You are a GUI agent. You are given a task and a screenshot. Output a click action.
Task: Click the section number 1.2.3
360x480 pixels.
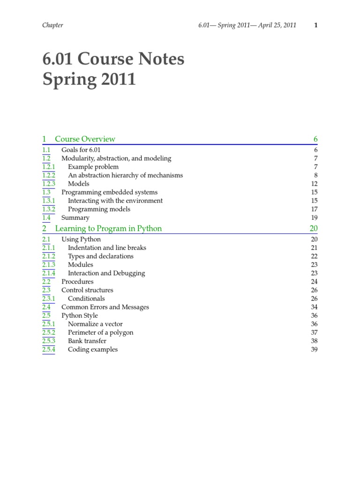(x=48, y=184)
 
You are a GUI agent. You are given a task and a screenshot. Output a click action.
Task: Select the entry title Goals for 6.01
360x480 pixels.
(x=82, y=150)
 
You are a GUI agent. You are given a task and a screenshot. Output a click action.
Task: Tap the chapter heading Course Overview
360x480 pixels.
(x=85, y=139)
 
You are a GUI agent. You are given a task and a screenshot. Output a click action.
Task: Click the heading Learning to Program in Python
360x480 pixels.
(x=108, y=229)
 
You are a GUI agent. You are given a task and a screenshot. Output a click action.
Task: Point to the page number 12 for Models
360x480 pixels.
(x=315, y=184)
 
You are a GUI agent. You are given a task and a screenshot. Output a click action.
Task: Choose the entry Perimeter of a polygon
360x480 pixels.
(x=100, y=332)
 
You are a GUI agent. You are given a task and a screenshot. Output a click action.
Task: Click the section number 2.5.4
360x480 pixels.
(x=48, y=349)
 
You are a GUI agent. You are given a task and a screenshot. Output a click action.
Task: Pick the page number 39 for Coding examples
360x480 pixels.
(x=314, y=349)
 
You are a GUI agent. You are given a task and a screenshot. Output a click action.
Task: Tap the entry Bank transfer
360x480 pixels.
(x=87, y=341)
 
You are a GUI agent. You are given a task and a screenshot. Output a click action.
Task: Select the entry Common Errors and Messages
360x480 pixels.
(x=105, y=307)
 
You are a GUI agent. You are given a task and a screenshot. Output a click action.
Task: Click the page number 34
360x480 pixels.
(x=314, y=307)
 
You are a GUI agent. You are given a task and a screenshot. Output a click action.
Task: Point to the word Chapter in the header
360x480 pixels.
(x=52, y=25)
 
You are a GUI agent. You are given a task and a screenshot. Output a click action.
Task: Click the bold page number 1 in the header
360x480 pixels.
(x=316, y=25)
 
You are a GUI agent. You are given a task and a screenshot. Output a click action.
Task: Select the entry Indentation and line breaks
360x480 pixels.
(x=107, y=247)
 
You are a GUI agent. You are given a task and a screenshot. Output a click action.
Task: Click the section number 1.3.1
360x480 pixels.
(x=48, y=201)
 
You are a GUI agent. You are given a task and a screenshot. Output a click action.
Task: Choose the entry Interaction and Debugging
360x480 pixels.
(x=106, y=273)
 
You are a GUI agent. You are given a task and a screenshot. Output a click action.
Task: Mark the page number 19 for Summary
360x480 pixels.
(x=314, y=217)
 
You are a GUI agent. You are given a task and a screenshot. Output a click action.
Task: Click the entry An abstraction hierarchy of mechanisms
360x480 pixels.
(x=125, y=175)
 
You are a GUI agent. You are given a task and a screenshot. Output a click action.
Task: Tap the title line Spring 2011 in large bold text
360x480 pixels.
(x=89, y=80)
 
